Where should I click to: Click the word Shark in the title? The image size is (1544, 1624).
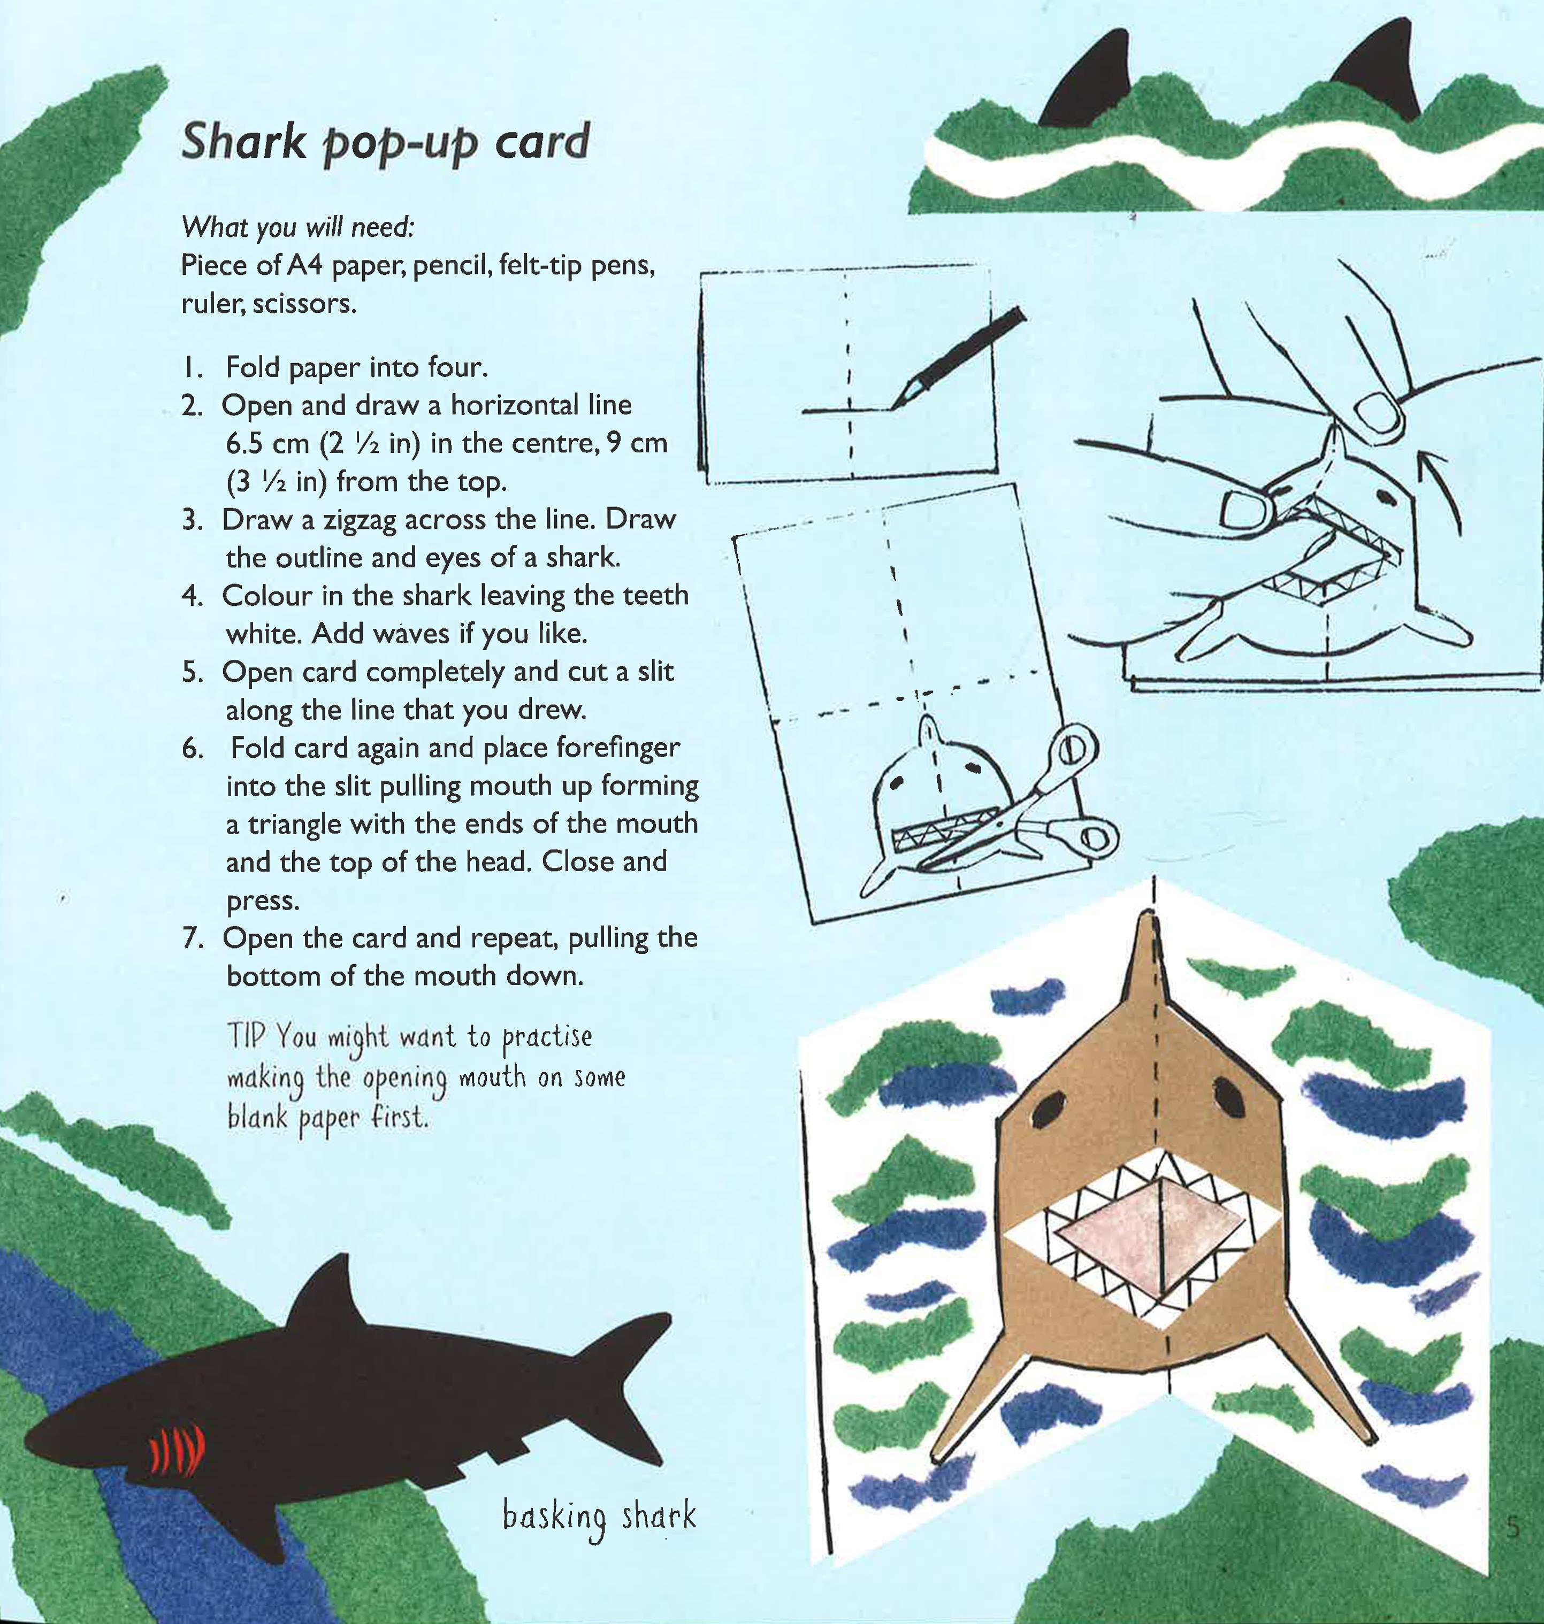coord(243,142)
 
